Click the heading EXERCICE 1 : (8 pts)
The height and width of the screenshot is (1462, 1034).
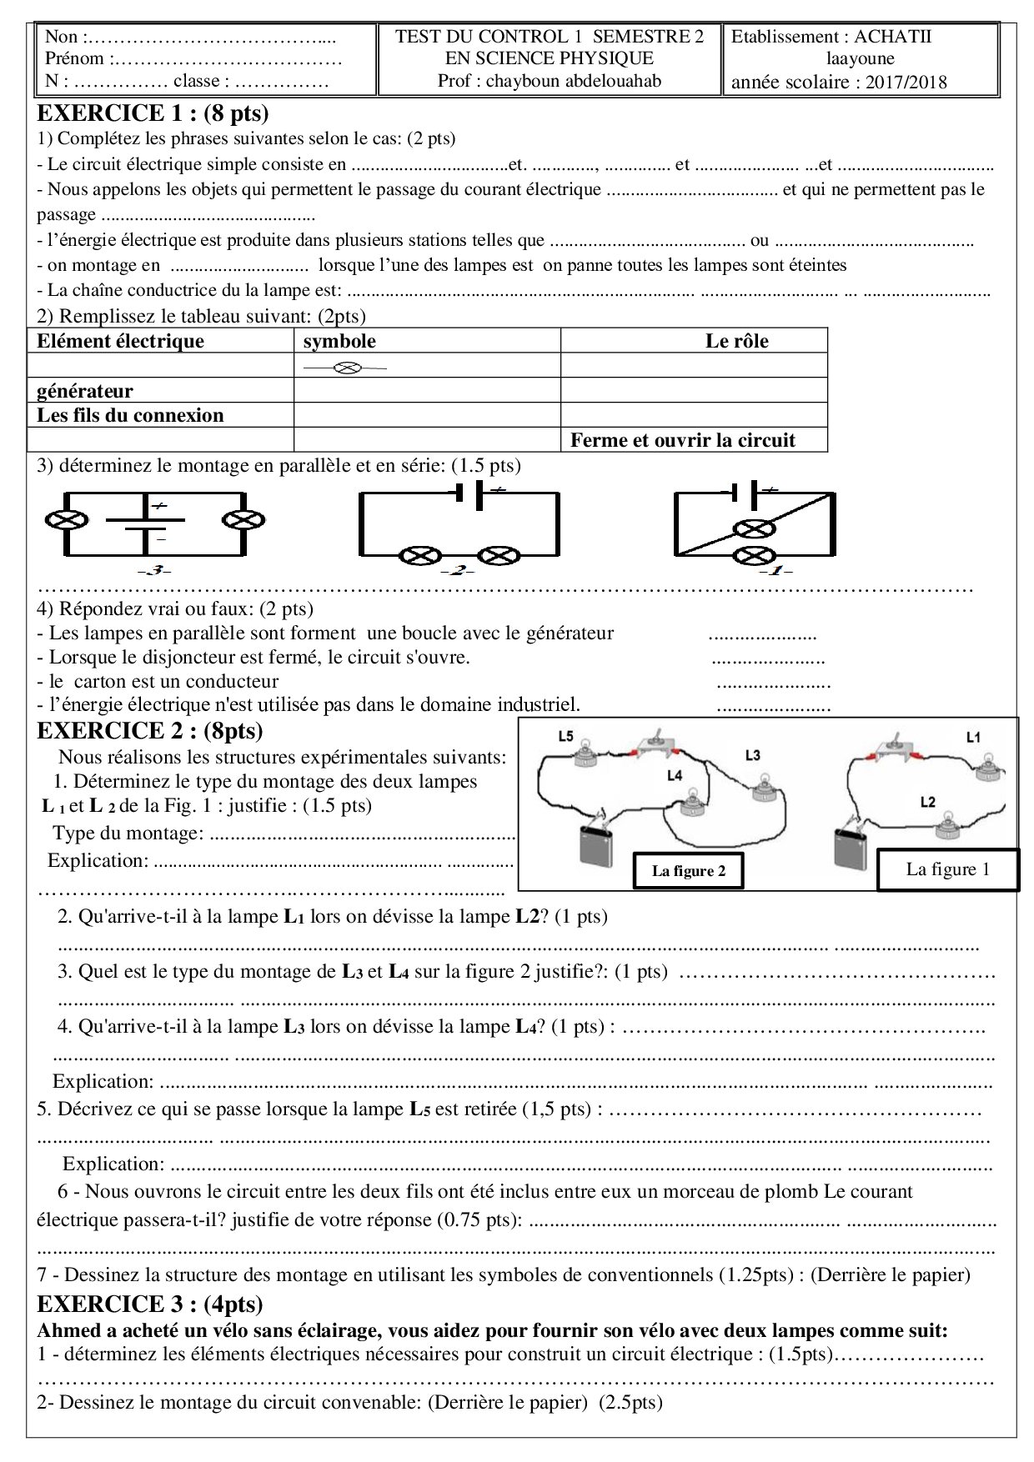tap(153, 113)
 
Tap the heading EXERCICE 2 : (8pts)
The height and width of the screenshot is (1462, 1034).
tap(150, 731)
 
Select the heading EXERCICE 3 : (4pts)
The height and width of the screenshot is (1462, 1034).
tap(150, 1304)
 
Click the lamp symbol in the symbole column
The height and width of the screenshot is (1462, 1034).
tap(345, 367)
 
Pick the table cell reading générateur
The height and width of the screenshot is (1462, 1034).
tap(85, 391)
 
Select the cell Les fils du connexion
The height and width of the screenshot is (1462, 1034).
tap(130, 415)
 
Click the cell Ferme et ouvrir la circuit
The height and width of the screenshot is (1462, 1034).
tap(682, 440)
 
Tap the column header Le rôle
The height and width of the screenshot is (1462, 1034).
tap(736, 341)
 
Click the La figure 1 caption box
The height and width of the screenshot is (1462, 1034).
tap(947, 869)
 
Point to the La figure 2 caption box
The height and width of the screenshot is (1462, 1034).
tap(688, 871)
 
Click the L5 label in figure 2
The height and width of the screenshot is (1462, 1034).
tap(565, 736)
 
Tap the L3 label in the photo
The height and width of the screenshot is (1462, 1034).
tap(752, 755)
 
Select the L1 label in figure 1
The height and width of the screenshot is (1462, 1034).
tap(973, 737)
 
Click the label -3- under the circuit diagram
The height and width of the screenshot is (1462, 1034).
tap(153, 570)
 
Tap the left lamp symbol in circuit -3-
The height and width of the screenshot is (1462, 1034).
tap(67, 520)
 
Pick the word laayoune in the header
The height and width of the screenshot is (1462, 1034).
tap(860, 58)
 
